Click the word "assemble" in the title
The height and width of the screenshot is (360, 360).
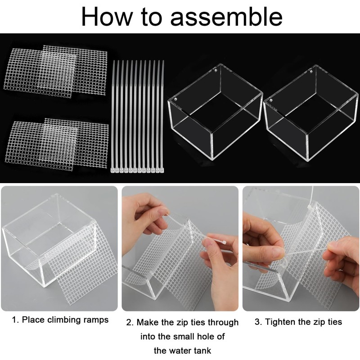[226, 17]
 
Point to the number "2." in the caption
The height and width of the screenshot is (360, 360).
[130, 322]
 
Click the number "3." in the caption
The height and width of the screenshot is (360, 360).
[258, 322]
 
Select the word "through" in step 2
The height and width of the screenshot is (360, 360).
[223, 323]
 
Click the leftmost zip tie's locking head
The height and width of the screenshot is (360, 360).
[113, 170]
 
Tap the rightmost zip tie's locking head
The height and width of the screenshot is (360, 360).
[162, 170]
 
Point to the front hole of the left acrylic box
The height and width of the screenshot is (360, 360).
[175, 99]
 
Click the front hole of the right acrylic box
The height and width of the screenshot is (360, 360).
[271, 100]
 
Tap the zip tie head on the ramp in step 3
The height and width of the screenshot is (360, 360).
[310, 207]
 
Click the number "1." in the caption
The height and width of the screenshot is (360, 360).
[15, 319]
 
